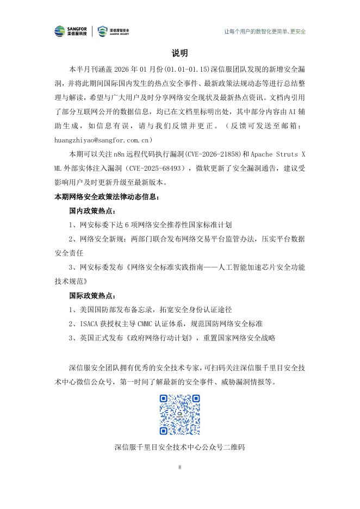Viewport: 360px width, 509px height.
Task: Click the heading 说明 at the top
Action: click(179, 53)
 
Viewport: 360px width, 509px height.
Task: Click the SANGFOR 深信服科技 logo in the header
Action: click(73, 31)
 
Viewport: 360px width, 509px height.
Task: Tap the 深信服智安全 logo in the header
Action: click(113, 31)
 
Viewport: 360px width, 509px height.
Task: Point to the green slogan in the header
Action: click(265, 31)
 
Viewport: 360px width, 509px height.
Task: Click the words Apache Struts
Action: click(271, 154)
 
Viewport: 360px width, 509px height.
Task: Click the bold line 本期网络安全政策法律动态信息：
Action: click(106, 196)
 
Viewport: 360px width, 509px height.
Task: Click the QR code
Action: click(179, 415)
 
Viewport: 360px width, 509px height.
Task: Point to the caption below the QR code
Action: click(179, 448)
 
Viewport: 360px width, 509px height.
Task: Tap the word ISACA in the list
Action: click(90, 324)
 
